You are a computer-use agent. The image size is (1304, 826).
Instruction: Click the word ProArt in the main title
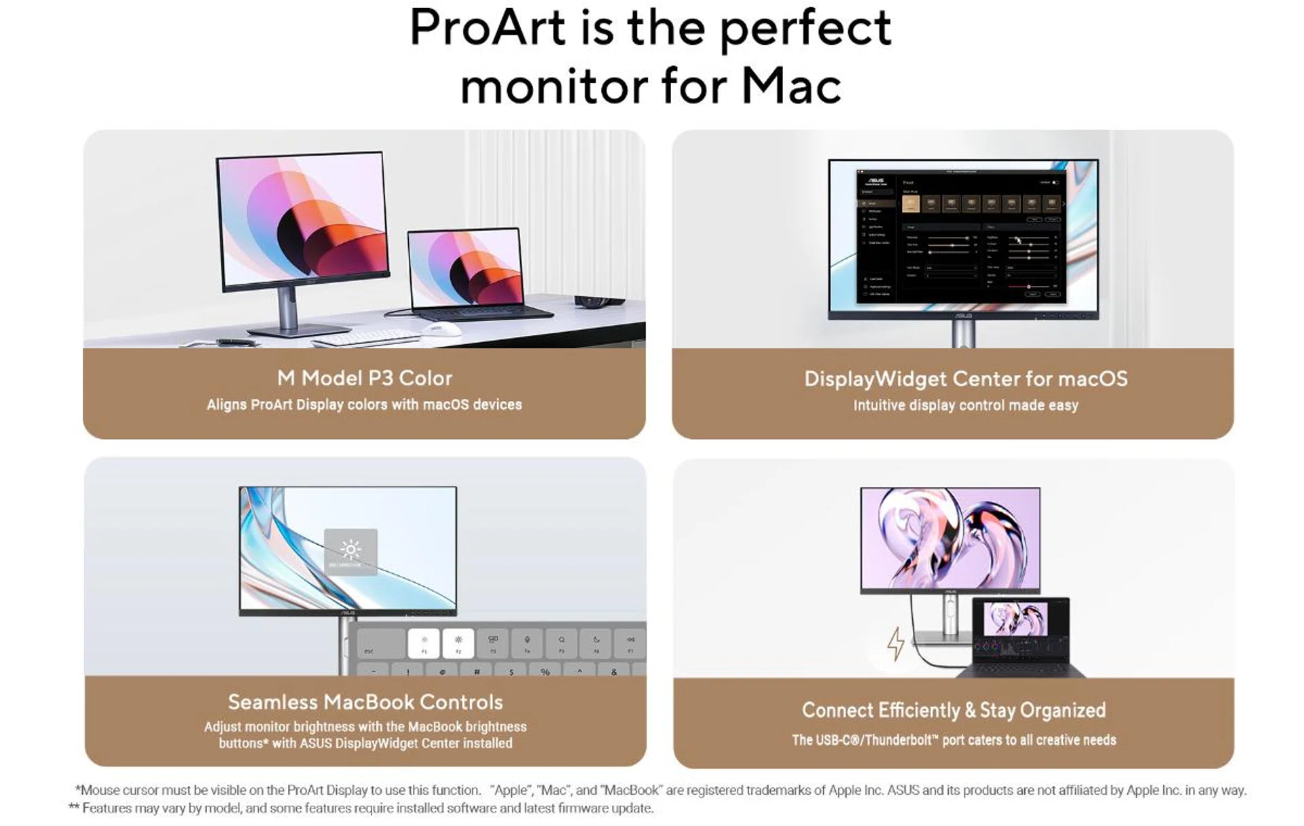pyautogui.click(x=488, y=29)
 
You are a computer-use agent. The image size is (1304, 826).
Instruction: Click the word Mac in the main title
pyautogui.click(x=791, y=87)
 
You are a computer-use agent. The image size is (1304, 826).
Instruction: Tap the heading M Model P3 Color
pyautogui.click(x=364, y=378)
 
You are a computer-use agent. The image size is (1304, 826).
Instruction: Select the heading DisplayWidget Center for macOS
pyautogui.click(x=965, y=378)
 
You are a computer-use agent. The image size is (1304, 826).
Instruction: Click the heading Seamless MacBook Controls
pyautogui.click(x=365, y=702)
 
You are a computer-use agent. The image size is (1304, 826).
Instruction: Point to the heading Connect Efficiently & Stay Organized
pyautogui.click(x=954, y=710)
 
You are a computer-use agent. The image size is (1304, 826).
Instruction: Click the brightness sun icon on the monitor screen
pyautogui.click(x=350, y=549)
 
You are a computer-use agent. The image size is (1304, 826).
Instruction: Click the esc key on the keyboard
pyautogui.click(x=369, y=650)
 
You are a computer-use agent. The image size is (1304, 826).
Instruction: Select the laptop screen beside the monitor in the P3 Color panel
pyautogui.click(x=465, y=267)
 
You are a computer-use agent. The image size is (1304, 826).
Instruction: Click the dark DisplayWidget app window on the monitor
pyautogui.click(x=960, y=235)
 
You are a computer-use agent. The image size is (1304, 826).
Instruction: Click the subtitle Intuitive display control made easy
pyautogui.click(x=965, y=406)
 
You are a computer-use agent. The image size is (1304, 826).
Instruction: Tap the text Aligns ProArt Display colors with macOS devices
pyautogui.click(x=364, y=405)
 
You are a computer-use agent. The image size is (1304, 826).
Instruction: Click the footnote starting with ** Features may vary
pyautogui.click(x=361, y=808)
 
